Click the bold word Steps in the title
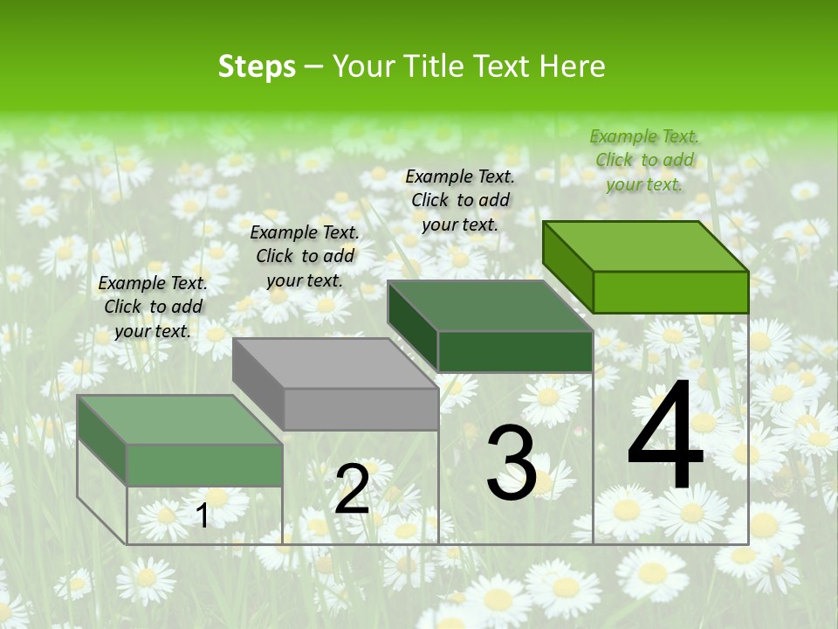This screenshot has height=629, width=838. click(x=257, y=66)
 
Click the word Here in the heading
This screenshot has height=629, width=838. click(x=572, y=66)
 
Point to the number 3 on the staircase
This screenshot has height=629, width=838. click(x=512, y=462)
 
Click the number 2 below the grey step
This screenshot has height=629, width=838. click(x=352, y=488)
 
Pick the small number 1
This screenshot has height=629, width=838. click(x=203, y=515)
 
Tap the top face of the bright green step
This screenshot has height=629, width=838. click(x=646, y=245)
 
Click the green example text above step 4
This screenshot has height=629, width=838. click(x=644, y=160)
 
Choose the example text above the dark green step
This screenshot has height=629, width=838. click(x=460, y=200)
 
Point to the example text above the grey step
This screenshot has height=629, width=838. click(x=305, y=256)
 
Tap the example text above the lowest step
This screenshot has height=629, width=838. click(x=153, y=307)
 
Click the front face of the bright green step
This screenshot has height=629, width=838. click(x=670, y=292)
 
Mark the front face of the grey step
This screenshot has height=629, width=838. click(x=361, y=409)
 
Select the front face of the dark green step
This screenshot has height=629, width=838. click(x=515, y=351)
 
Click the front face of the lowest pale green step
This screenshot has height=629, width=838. click(x=204, y=464)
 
